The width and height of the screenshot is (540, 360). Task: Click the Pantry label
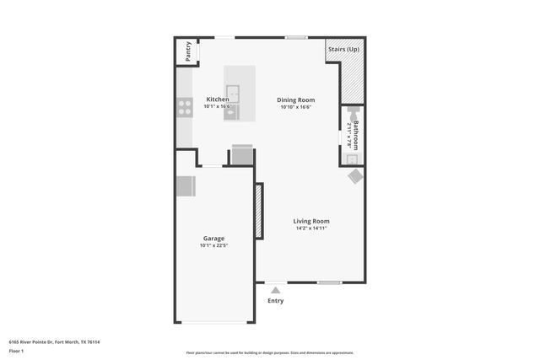pos(188,51)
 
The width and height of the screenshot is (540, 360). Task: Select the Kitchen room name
pos(218,99)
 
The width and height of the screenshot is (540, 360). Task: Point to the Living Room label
pos(311,221)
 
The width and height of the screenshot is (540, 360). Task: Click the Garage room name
pos(213,238)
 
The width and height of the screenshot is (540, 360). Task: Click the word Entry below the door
pos(276,301)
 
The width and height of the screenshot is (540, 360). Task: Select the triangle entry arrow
pos(276,290)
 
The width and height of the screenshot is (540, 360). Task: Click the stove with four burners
pos(184,107)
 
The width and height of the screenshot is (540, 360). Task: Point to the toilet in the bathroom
pos(353,110)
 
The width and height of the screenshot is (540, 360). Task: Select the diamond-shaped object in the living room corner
pos(356,176)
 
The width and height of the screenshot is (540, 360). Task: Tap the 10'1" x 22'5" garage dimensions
pos(213,245)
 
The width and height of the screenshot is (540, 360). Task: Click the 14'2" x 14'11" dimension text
pos(311,228)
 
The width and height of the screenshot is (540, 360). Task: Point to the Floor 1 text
pos(17,351)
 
